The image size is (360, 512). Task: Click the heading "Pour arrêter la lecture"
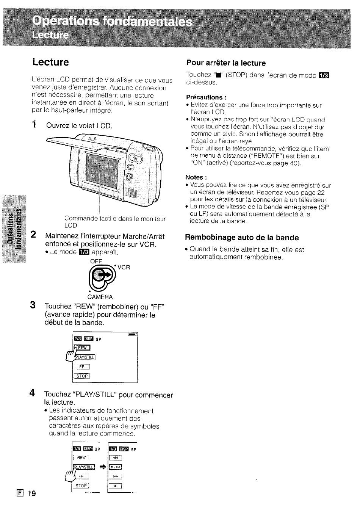226,63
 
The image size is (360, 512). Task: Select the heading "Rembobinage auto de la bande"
242,238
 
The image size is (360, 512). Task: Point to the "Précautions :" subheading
206,97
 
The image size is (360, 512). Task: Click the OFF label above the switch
96,261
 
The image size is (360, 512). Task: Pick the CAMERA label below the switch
100,297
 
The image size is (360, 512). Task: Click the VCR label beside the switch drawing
124,267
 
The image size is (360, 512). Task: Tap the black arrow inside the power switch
106,275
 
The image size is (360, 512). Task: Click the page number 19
32,493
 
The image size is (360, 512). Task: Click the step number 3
33,305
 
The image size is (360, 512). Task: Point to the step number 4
32,393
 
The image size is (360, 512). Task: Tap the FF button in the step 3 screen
81,366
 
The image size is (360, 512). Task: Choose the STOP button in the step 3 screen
82,376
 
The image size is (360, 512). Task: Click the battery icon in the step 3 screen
132,334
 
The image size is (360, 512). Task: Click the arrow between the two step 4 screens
103,467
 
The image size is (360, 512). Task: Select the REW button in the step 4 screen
81,457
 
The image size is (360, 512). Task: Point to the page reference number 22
321,192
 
